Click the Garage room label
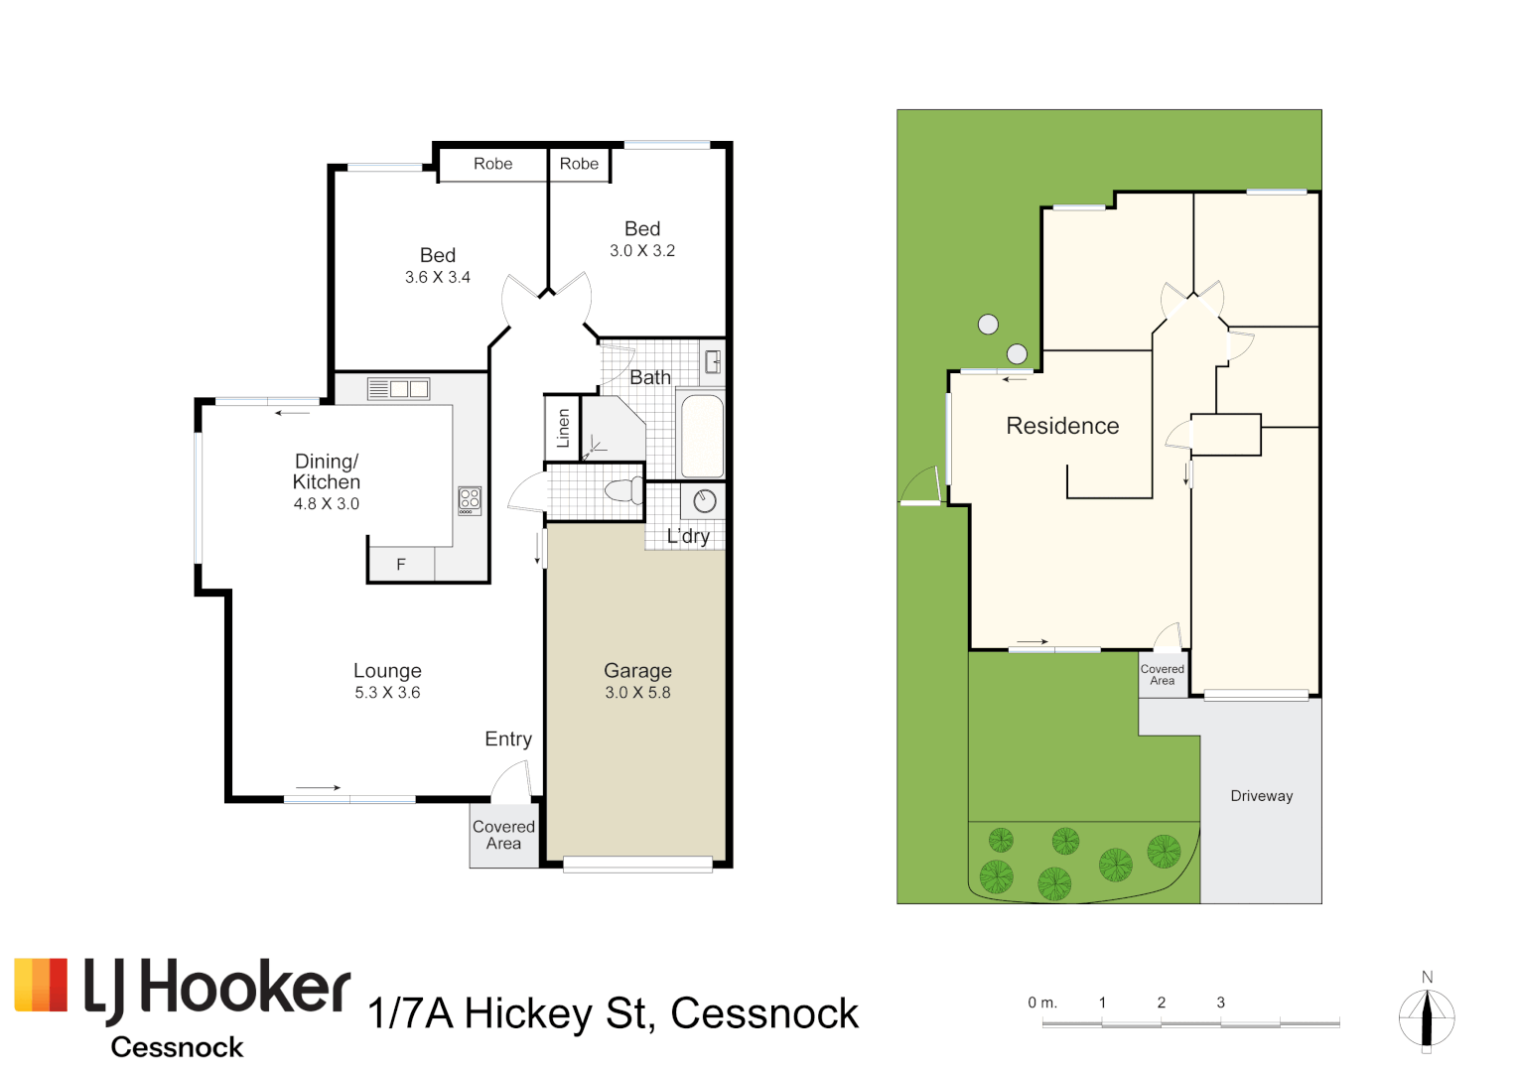pyautogui.click(x=637, y=671)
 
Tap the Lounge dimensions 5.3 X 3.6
pyautogui.click(x=387, y=693)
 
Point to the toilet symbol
pyautogui.click(x=624, y=490)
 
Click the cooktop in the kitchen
pyautogui.click(x=470, y=500)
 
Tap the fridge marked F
pyautogui.click(x=401, y=564)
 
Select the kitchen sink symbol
pyautogui.click(x=399, y=389)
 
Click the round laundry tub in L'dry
pyautogui.click(x=705, y=501)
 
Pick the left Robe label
pyautogui.click(x=492, y=164)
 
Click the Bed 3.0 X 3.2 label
pyautogui.click(x=642, y=238)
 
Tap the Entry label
pyautogui.click(x=508, y=739)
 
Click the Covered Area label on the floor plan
pyautogui.click(x=503, y=835)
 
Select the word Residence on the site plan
pyautogui.click(x=1062, y=426)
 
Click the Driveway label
pyautogui.click(x=1261, y=796)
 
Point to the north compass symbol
pyautogui.click(x=1427, y=1018)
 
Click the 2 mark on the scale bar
pyautogui.click(x=1161, y=1003)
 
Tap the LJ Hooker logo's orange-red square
pyautogui.click(x=42, y=985)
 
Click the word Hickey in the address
pyautogui.click(x=529, y=1014)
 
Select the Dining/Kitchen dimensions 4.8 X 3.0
pyautogui.click(x=327, y=504)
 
